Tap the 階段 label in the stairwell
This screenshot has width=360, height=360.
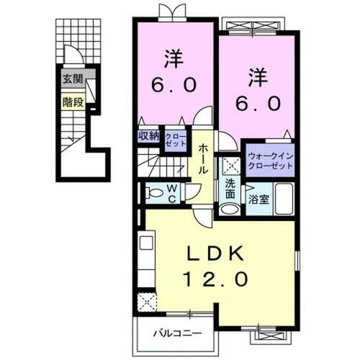click(73, 102)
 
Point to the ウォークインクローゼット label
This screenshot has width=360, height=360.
click(271, 161)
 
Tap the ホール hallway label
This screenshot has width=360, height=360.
click(204, 158)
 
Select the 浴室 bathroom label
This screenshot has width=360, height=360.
click(260, 199)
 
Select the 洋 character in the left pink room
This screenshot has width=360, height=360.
click(172, 58)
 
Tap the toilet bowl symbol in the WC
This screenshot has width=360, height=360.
click(153, 192)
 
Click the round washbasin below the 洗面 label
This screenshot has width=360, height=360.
click(228, 209)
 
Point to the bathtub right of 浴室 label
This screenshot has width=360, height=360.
click(283, 198)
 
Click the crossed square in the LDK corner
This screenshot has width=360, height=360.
click(149, 302)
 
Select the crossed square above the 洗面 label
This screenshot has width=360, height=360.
click(230, 164)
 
